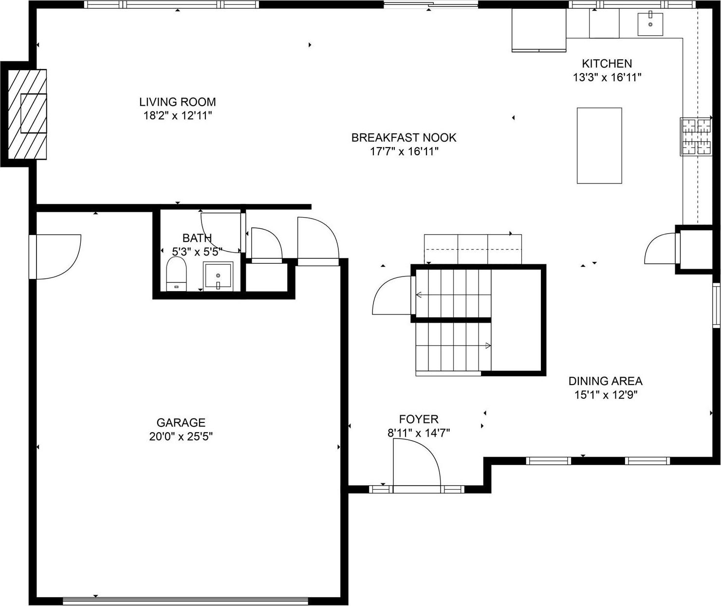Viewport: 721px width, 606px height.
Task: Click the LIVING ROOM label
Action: (177, 102)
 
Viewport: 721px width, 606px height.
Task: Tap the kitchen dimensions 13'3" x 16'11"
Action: (607, 77)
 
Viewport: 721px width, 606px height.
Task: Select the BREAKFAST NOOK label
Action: (404, 138)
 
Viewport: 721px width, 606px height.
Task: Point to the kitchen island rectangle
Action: (599, 146)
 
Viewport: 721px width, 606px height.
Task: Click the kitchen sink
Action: (650, 24)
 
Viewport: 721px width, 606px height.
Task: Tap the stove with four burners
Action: (696, 137)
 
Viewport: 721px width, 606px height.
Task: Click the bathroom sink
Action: (218, 276)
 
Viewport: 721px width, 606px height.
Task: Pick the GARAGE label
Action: (181, 422)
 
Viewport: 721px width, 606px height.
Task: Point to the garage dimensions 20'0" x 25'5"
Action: (181, 437)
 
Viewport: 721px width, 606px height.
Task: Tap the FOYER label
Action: (418, 419)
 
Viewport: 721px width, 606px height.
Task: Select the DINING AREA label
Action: (605, 381)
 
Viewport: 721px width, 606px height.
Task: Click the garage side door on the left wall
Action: (54, 257)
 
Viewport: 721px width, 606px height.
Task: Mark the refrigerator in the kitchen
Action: (538, 30)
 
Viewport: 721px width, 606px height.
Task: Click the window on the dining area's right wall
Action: (716, 305)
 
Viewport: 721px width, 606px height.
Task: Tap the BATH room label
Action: (197, 238)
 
